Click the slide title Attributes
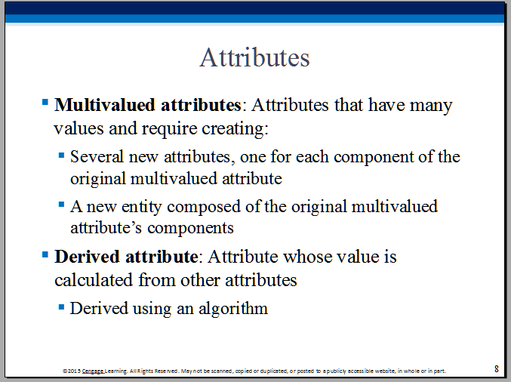(254, 57)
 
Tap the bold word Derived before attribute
(87, 257)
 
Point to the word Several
(97, 157)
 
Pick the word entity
(141, 208)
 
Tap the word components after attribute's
(191, 229)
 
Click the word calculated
(94, 280)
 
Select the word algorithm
(233, 309)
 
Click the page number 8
(497, 368)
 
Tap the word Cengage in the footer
(93, 371)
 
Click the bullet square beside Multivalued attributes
(45, 103)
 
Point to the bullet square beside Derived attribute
(45, 254)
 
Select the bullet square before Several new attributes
(61, 156)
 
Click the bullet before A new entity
(61, 205)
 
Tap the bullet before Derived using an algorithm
(61, 307)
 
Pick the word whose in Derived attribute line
(308, 257)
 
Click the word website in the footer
(384, 371)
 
